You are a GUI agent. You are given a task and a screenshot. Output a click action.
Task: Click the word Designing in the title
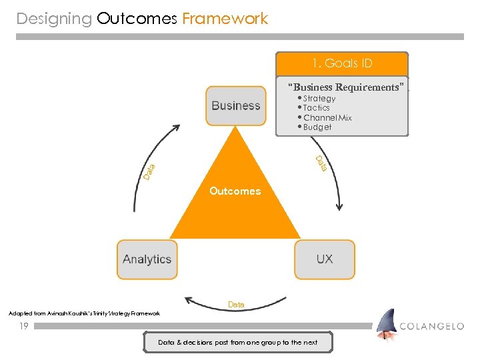point(54,19)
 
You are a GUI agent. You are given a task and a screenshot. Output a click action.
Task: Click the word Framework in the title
point(225,19)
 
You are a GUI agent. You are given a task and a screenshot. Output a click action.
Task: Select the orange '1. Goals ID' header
point(342,64)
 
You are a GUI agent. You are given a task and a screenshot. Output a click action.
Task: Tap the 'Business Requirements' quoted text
point(346,87)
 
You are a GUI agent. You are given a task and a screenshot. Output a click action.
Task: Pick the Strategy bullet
point(318,99)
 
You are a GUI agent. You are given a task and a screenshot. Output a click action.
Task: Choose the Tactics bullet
point(315,108)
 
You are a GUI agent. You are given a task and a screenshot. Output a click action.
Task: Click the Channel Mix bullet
point(326,118)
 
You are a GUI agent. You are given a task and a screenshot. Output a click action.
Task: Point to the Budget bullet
point(316,127)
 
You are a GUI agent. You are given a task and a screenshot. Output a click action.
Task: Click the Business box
point(235,105)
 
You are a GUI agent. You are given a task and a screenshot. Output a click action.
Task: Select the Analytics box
point(147,259)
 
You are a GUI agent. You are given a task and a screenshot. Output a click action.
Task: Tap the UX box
point(324,259)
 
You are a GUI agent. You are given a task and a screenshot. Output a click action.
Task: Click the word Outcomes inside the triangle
point(235,191)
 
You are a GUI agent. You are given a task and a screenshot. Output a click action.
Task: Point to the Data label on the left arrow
point(149,172)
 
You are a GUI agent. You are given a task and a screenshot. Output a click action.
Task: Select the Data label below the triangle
point(236,305)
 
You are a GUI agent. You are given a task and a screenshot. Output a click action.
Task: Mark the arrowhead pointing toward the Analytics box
point(190,301)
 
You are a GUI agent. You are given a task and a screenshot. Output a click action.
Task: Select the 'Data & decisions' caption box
point(238,343)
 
